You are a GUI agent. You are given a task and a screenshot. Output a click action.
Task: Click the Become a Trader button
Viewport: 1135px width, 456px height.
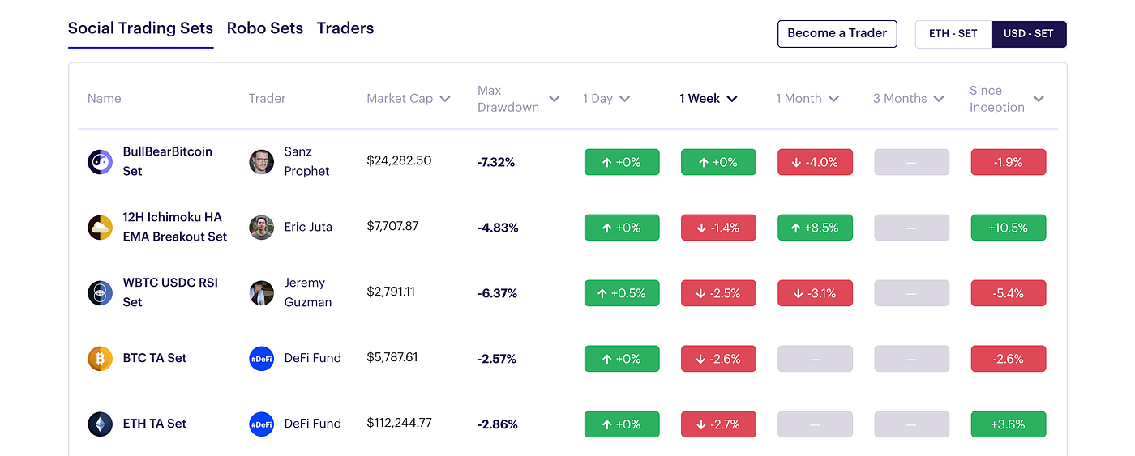tap(837, 34)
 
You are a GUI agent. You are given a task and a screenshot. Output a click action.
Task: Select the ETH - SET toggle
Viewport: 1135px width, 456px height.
tap(953, 34)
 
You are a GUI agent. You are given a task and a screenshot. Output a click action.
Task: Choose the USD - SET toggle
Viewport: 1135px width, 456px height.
tap(1028, 34)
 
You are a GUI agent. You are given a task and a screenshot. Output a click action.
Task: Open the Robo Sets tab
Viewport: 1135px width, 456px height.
tap(265, 28)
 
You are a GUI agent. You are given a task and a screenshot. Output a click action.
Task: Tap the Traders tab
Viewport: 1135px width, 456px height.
tap(345, 28)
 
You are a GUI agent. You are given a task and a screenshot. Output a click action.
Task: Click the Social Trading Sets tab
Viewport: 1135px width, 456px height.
tap(140, 28)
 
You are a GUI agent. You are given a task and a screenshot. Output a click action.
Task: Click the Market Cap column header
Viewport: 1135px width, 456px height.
tap(408, 99)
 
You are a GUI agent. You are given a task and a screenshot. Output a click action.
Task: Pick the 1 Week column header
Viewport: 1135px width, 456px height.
tap(708, 99)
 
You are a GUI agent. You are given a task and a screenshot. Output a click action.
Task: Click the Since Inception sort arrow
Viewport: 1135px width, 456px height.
tap(1039, 99)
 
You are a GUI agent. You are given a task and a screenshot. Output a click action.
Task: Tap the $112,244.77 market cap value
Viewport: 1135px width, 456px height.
tap(410, 423)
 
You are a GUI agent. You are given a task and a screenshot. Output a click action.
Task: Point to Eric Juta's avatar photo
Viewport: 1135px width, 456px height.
tap(261, 228)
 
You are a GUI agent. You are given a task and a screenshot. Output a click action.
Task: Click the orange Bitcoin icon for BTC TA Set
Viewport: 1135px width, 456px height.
tap(101, 358)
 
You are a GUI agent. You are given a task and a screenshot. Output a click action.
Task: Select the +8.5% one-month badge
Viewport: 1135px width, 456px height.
tap(815, 228)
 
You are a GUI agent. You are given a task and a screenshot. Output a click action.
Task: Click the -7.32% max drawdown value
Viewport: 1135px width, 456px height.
tap(496, 162)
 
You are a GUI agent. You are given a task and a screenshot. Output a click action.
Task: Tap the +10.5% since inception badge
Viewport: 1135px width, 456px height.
tap(1008, 228)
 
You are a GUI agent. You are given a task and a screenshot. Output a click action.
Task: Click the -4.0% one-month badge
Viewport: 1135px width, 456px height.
tap(815, 162)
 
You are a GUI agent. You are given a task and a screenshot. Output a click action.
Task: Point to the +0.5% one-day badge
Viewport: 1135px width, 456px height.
tap(622, 293)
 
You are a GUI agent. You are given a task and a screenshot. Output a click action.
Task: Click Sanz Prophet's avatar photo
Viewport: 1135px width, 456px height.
tap(261, 162)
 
